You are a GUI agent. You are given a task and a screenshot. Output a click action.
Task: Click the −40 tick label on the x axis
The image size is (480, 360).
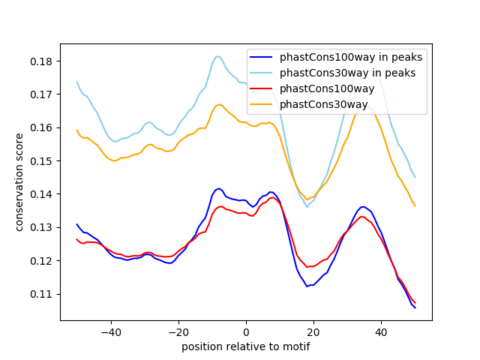point(110,331)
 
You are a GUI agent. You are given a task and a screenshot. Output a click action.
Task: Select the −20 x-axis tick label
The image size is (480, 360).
point(178,331)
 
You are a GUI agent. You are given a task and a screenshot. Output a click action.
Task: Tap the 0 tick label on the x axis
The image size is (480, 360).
point(246,331)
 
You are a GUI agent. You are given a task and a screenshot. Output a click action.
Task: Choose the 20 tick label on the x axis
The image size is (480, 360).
point(313,331)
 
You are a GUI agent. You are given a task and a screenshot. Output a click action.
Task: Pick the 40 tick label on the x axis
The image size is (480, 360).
point(381,331)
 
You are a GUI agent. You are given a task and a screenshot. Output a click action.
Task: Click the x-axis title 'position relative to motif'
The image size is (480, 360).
point(245,346)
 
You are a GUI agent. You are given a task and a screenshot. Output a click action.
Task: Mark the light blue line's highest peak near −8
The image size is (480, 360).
point(218,56)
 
